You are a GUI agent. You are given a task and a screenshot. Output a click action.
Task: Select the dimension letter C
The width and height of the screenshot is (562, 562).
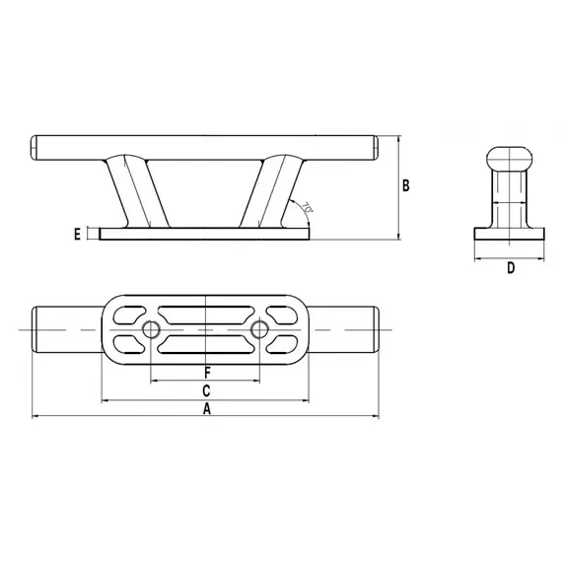click(x=206, y=391)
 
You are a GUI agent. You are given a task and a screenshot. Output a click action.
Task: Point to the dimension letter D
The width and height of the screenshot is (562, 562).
click(x=511, y=268)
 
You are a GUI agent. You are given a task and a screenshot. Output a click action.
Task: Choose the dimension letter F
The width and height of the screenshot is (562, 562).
click(x=206, y=372)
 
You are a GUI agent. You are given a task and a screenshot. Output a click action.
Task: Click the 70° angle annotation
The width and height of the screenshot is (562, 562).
click(x=308, y=209)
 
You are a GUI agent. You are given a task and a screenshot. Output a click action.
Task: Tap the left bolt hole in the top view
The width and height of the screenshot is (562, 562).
click(x=151, y=328)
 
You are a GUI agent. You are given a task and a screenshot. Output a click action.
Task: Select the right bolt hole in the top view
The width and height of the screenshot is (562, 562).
click(x=259, y=328)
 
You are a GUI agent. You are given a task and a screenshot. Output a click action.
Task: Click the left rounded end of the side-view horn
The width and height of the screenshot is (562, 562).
click(x=36, y=147)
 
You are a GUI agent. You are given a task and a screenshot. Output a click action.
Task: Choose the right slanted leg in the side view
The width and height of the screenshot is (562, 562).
click(x=279, y=192)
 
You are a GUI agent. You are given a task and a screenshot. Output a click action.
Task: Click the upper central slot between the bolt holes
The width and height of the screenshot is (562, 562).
click(x=205, y=315)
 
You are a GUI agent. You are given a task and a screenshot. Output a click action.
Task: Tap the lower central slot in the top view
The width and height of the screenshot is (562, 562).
click(x=205, y=343)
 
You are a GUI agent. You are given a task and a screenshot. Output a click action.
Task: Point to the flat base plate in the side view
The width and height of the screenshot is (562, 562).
click(x=205, y=234)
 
